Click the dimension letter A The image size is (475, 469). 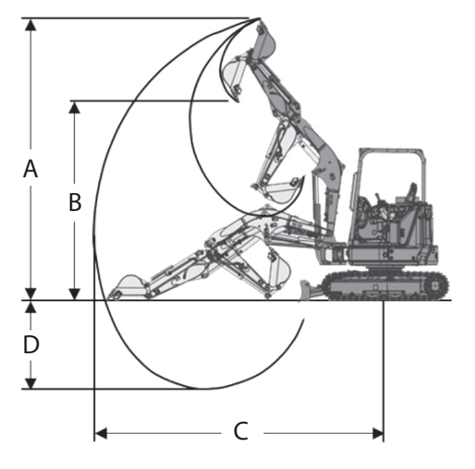(x=31, y=169)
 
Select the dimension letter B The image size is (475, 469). (x=75, y=202)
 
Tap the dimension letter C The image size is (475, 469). (x=241, y=431)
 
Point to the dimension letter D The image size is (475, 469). (x=31, y=345)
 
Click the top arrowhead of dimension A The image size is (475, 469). (x=31, y=24)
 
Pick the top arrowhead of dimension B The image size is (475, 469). (x=74, y=107)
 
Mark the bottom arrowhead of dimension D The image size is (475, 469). (x=31, y=383)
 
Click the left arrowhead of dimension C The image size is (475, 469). (x=101, y=433)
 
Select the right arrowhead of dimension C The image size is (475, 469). (x=378, y=433)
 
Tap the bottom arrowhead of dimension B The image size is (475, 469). (x=74, y=294)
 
